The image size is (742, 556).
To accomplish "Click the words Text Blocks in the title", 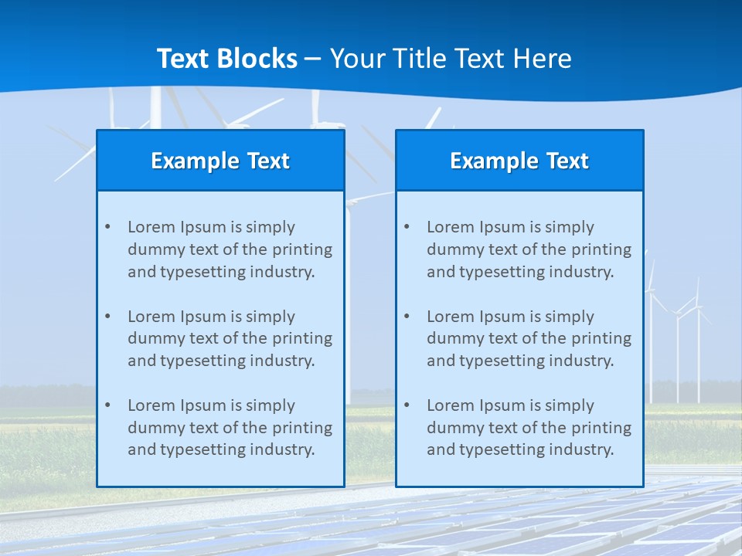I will point(226,59).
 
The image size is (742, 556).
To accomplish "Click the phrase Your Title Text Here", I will point(451,59).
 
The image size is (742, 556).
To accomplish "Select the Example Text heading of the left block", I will point(220,161).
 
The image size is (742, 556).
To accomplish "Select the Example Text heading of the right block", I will point(519,161).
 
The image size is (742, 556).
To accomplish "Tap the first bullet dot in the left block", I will point(107,227).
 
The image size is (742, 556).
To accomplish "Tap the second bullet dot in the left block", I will point(107,317).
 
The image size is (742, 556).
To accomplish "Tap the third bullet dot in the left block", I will point(107,405).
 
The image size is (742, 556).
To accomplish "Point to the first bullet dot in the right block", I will point(407,227).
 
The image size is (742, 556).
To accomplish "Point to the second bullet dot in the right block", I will point(407,317).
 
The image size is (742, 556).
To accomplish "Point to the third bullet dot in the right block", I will point(407,405).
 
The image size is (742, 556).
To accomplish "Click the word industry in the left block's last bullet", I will point(284,450).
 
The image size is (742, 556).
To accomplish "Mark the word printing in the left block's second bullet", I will point(304,338).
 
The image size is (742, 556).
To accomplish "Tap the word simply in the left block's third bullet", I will point(271,405).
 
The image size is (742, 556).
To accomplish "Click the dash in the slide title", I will point(314,59).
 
